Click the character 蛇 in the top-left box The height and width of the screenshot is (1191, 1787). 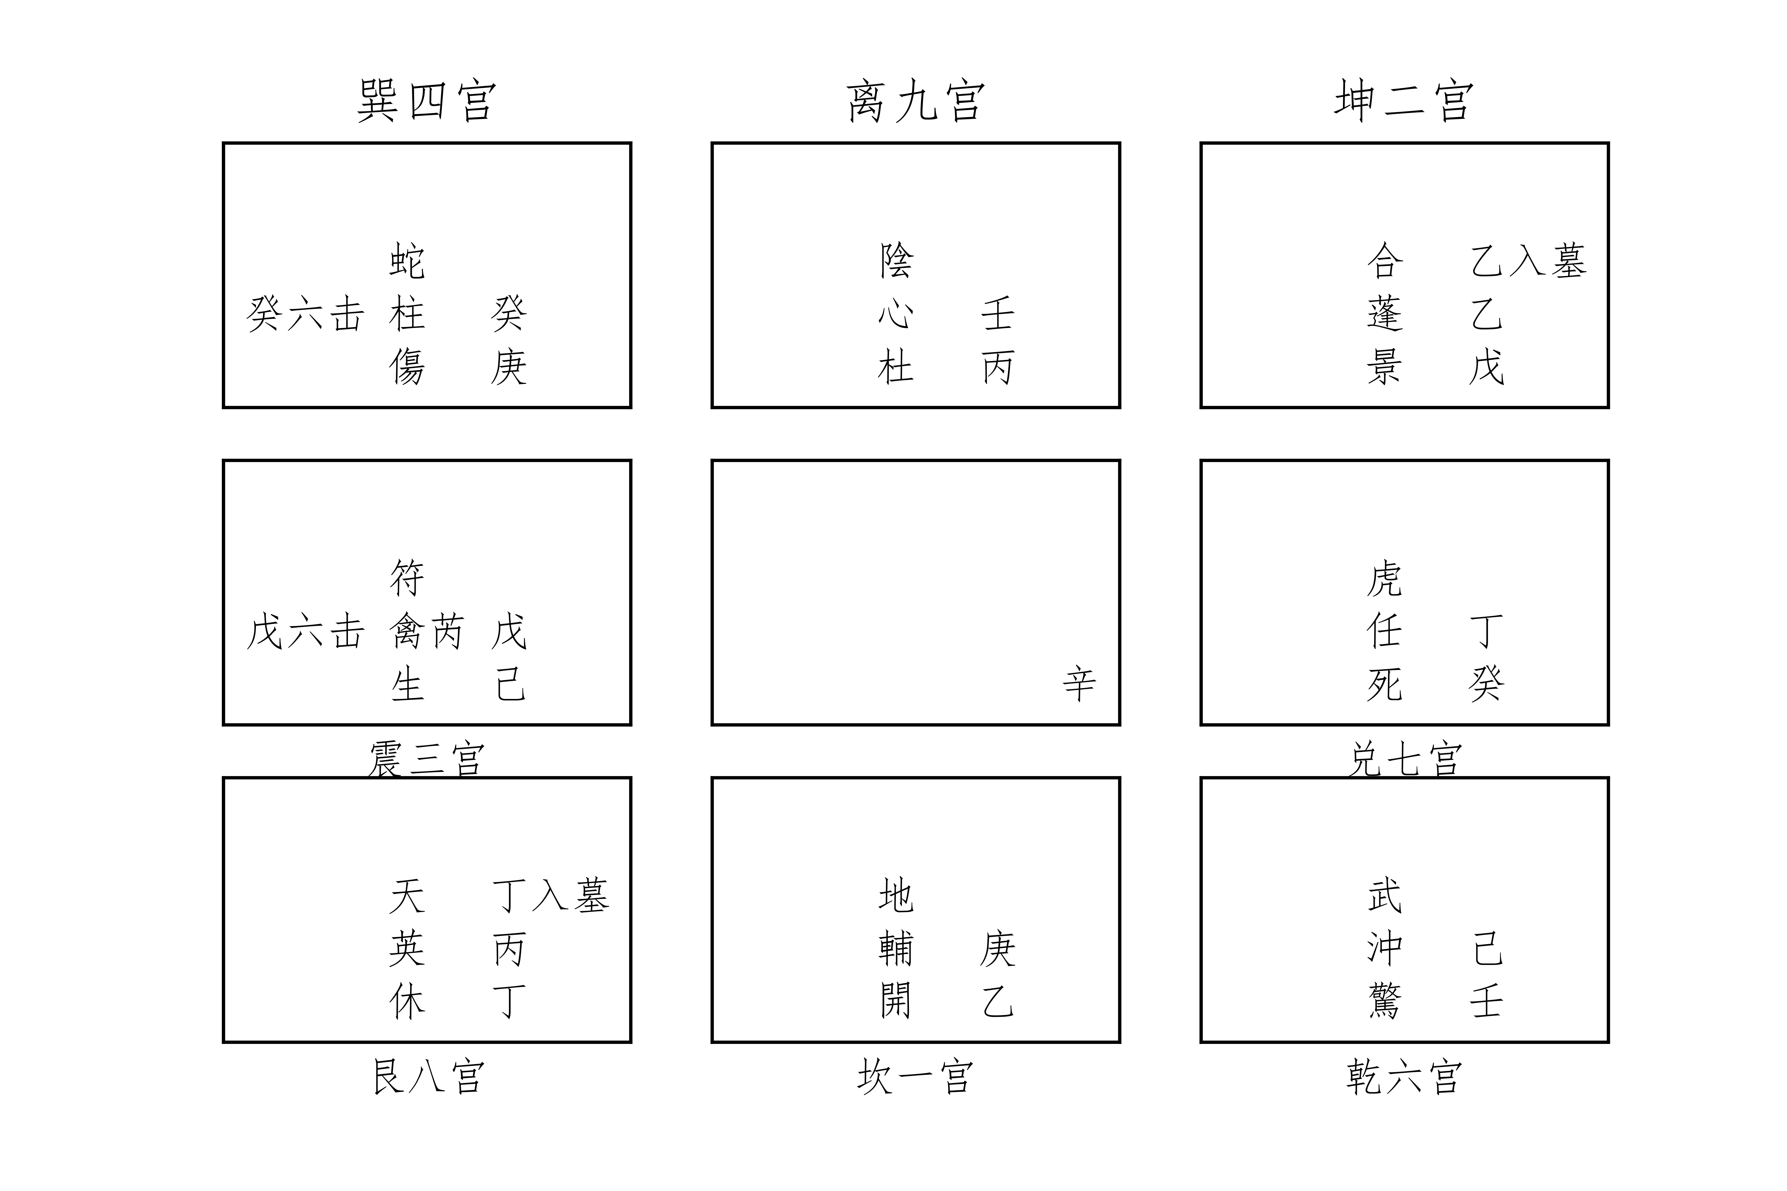click(x=407, y=261)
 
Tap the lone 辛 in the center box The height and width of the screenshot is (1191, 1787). click(x=1079, y=684)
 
